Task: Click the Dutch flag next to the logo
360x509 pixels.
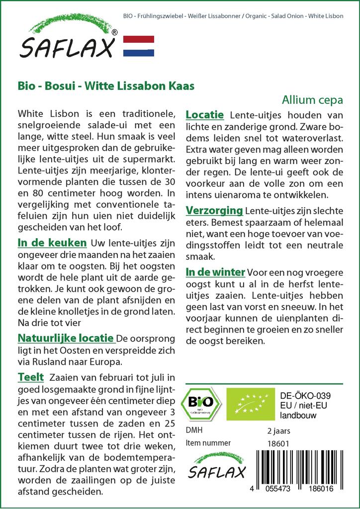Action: click(x=138, y=46)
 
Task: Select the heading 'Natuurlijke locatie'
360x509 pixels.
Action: click(x=66, y=338)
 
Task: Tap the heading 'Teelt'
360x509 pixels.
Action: click(x=30, y=377)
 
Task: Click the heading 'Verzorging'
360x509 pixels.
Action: click(x=214, y=210)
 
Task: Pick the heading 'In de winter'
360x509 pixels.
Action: click(x=215, y=272)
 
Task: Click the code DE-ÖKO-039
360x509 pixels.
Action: click(x=306, y=396)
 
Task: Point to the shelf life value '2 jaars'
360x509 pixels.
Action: click(x=278, y=430)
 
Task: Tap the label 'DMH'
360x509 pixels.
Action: click(x=194, y=430)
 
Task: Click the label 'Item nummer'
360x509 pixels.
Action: click(x=208, y=443)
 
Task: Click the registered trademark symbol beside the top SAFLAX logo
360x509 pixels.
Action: click(x=115, y=32)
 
